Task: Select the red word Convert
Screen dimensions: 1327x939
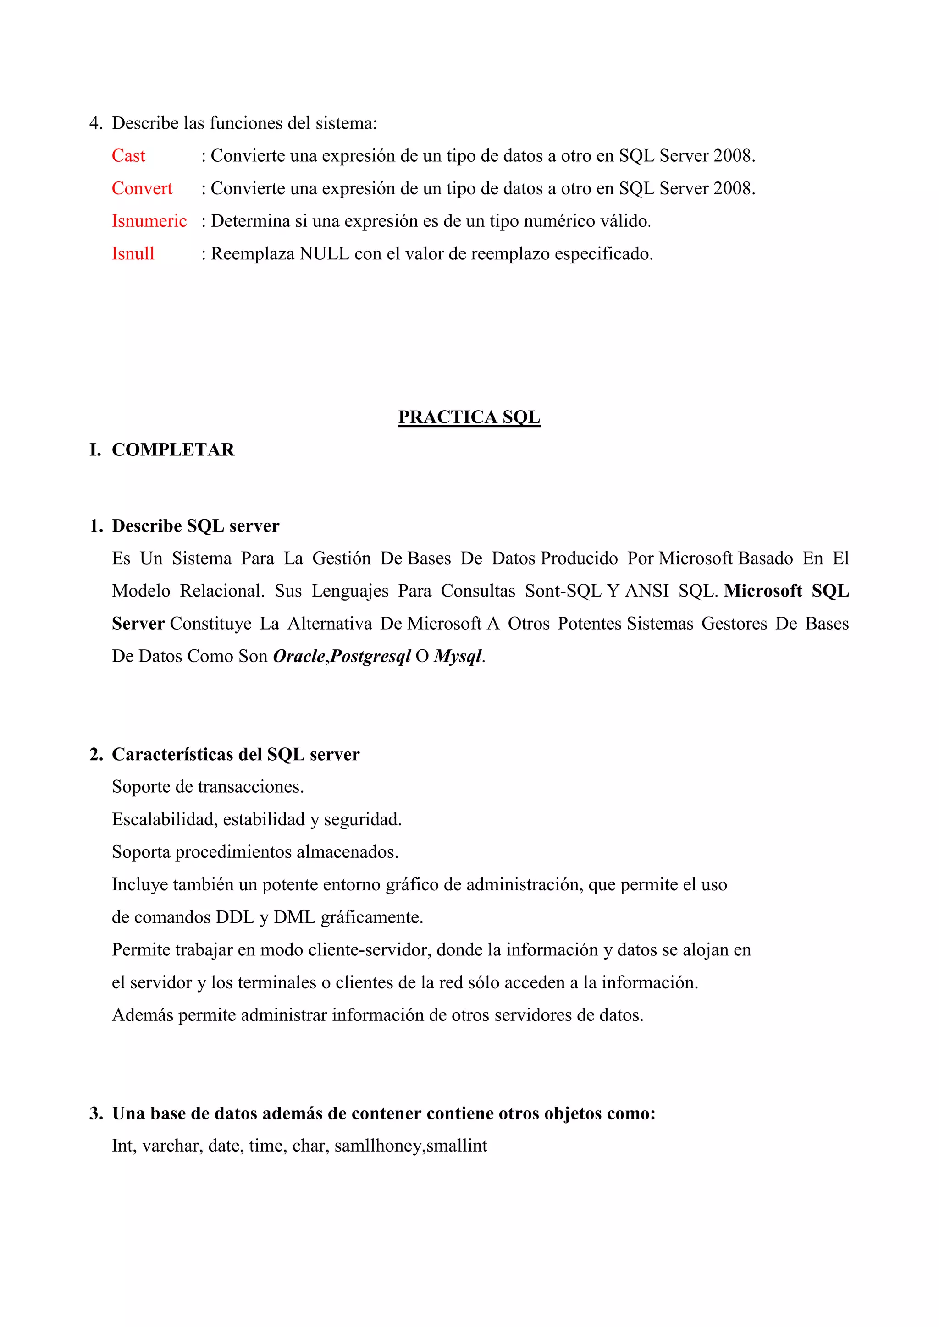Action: pyautogui.click(x=142, y=188)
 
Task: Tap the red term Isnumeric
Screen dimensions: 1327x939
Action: pyautogui.click(x=149, y=221)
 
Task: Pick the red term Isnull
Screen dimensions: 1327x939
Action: pyautogui.click(x=133, y=254)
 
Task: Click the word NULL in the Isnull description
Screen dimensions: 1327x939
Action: pyautogui.click(x=324, y=254)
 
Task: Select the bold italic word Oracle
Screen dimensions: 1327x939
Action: pyautogui.click(x=299, y=656)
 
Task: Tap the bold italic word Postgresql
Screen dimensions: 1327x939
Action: pyautogui.click(x=370, y=657)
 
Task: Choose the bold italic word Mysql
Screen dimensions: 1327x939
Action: pyautogui.click(x=458, y=657)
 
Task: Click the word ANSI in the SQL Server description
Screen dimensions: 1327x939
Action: pyautogui.click(x=646, y=591)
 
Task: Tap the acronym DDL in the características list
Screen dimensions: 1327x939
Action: pyautogui.click(x=235, y=917)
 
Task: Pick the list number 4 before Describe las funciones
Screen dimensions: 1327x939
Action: pyautogui.click(x=94, y=123)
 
